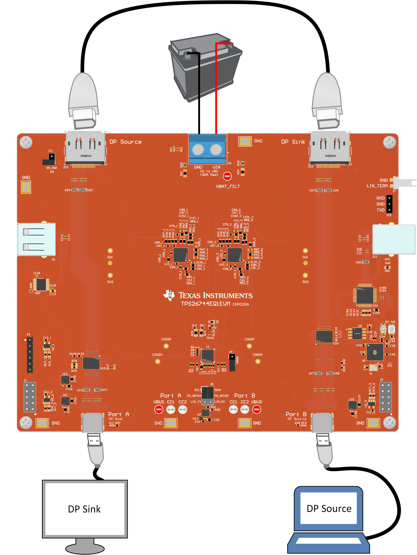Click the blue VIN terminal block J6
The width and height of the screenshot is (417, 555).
207,149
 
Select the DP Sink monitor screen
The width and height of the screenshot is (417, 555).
85,509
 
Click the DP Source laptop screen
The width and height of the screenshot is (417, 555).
328,508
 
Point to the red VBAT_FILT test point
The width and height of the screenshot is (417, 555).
227,176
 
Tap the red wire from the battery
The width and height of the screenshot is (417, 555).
216,88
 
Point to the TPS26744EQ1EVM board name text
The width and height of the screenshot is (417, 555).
206,304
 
